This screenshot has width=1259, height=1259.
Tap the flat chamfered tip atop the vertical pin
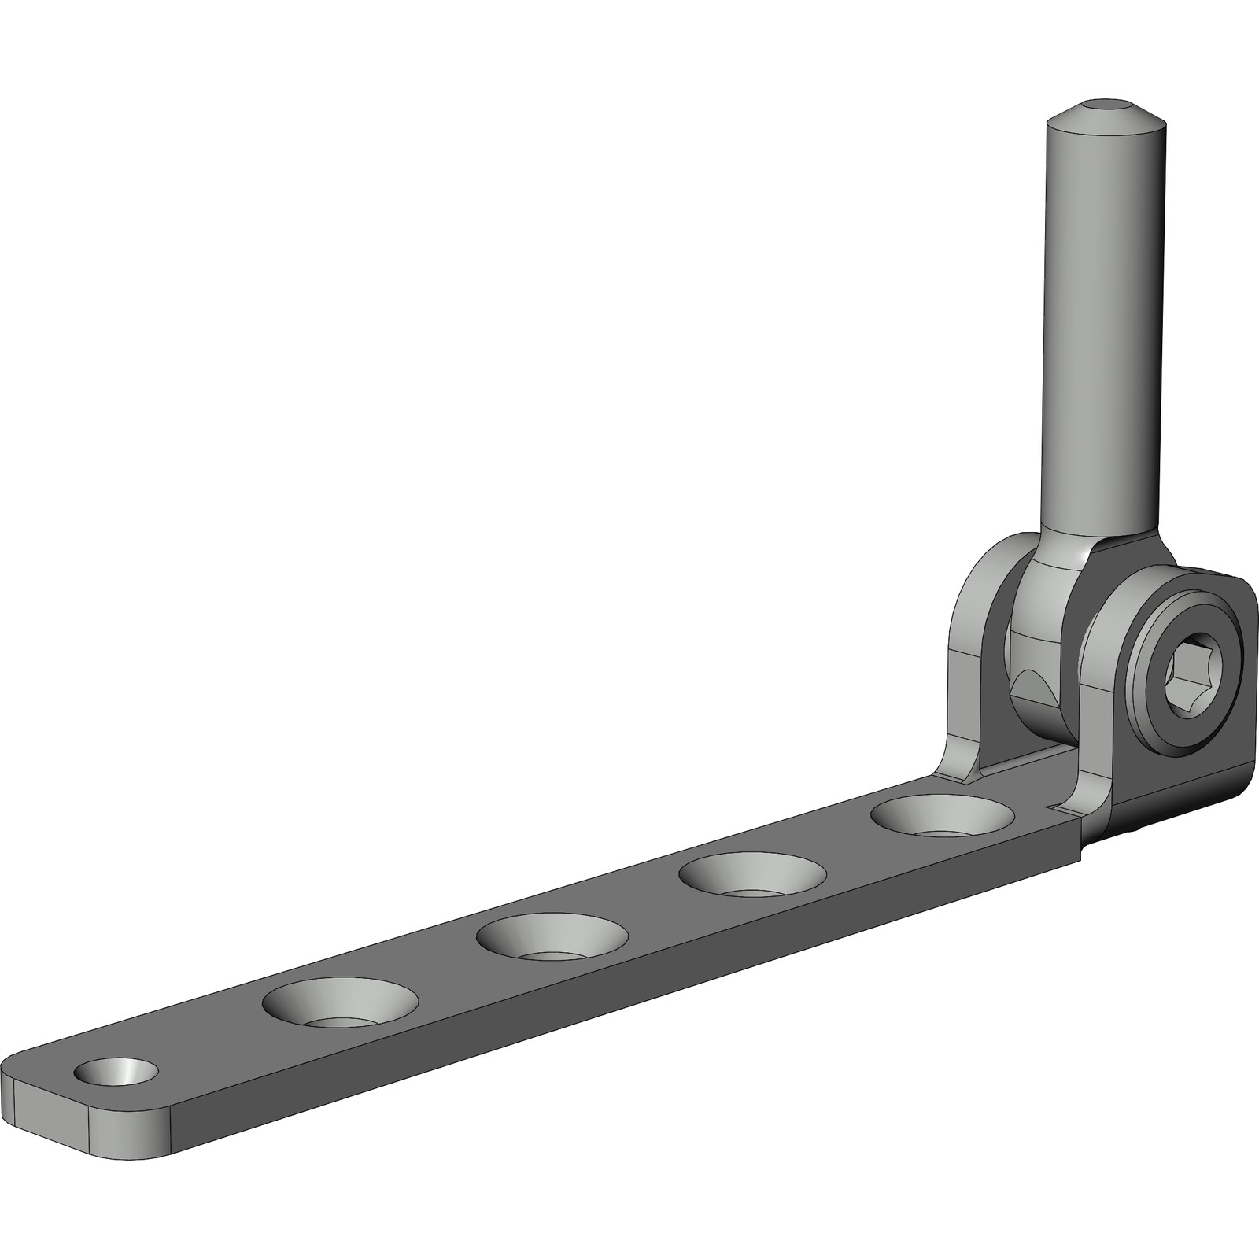pos(1105,105)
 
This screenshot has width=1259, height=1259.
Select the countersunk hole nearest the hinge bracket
pos(942,818)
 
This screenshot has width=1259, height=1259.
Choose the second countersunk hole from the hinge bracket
pos(753,876)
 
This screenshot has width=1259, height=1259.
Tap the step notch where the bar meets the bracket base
pos(1079,834)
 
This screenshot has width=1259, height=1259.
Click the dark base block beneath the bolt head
pos(1172,795)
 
